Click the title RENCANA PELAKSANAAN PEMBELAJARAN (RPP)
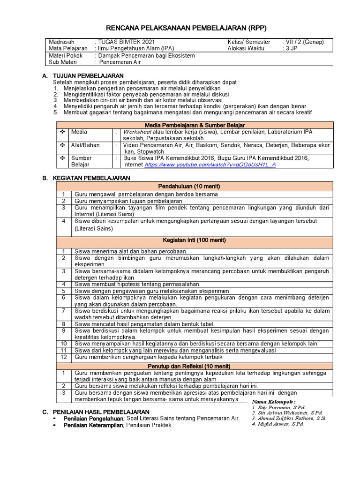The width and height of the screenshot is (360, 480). [x=180, y=27]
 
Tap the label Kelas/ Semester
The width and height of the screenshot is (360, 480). [x=249, y=42]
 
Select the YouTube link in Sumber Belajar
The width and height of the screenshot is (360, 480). [x=210, y=165]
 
